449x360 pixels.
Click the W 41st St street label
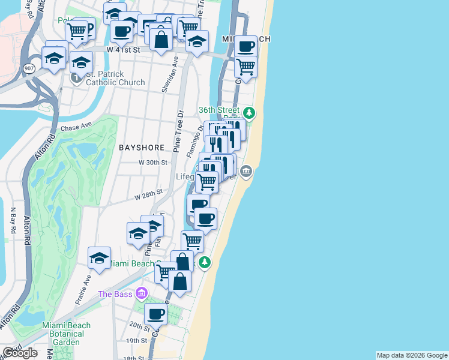point(123,50)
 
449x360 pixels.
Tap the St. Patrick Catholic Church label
point(115,79)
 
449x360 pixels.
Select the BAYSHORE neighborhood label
point(142,147)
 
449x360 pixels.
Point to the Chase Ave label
point(76,127)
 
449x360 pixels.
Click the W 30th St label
point(152,163)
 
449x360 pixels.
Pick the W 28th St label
point(149,195)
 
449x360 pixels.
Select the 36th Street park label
point(220,110)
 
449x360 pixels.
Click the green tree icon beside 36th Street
point(249,112)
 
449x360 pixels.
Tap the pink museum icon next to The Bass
point(142,293)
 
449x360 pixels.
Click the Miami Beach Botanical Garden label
point(66,334)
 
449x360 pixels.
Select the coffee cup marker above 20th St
point(156,313)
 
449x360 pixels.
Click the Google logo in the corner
point(19,353)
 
